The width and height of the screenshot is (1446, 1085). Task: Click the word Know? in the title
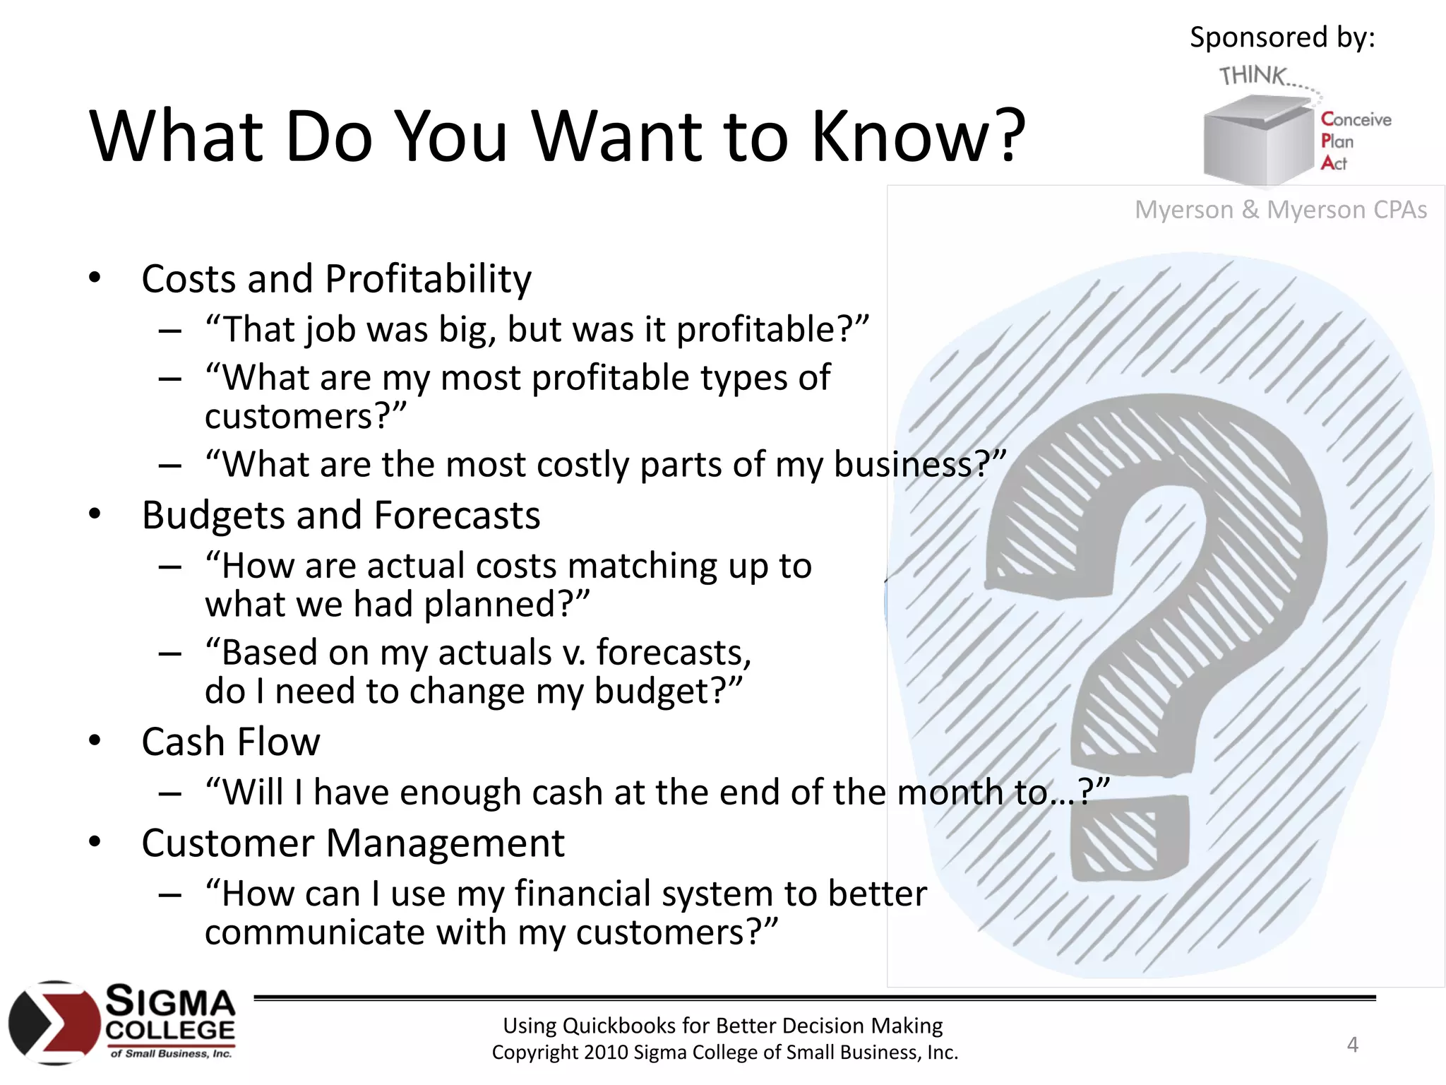pyautogui.click(x=918, y=136)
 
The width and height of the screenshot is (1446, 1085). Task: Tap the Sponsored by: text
pyautogui.click(x=1282, y=37)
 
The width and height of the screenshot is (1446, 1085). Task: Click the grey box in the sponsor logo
pyautogui.click(x=1257, y=141)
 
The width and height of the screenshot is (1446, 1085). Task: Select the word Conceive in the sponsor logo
pyautogui.click(x=1356, y=119)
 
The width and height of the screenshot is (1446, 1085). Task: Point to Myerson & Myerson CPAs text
pyautogui.click(x=1280, y=210)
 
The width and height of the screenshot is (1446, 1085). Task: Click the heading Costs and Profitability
pyautogui.click(x=336, y=279)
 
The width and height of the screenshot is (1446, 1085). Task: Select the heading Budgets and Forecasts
pyautogui.click(x=340, y=515)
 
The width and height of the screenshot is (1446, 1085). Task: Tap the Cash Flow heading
pyautogui.click(x=230, y=742)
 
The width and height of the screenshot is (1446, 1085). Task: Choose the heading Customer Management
pyautogui.click(x=352, y=843)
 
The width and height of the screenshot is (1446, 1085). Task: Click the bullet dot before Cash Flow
pyautogui.click(x=95, y=741)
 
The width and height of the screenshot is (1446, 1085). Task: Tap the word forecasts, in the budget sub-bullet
pyautogui.click(x=674, y=652)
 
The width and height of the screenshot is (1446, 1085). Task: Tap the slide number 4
pyautogui.click(x=1352, y=1044)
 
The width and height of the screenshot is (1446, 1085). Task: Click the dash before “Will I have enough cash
pyautogui.click(x=170, y=793)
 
